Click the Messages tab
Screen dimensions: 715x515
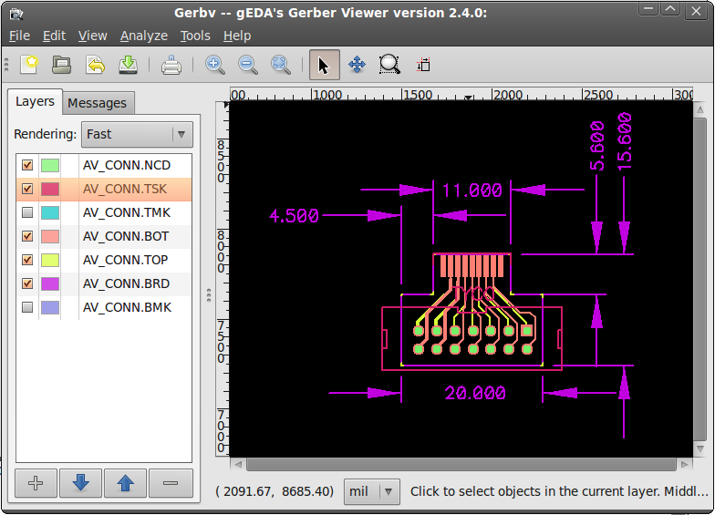[x=97, y=103]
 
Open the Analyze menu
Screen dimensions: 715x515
[x=144, y=36]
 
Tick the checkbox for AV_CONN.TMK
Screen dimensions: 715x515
[x=27, y=212]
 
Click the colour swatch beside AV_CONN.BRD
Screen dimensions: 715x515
[x=49, y=283]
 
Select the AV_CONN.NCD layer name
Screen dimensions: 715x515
[x=126, y=165]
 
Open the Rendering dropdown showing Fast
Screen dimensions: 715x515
[x=137, y=134]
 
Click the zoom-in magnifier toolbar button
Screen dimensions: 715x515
[x=215, y=65]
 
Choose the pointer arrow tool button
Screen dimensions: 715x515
[x=325, y=65]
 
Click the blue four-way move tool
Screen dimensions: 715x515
[x=357, y=65]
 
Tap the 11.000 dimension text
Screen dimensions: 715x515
[x=472, y=190]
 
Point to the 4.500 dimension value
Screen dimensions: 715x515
[x=294, y=215]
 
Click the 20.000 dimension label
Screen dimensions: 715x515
[x=475, y=393]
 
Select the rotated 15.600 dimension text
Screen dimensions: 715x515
[x=624, y=142]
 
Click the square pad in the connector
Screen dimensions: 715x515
[x=527, y=331]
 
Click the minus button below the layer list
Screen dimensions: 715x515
[x=171, y=483]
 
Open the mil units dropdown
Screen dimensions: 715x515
[x=372, y=491]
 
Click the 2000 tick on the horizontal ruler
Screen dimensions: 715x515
[x=507, y=95]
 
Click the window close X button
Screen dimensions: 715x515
[x=696, y=11]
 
